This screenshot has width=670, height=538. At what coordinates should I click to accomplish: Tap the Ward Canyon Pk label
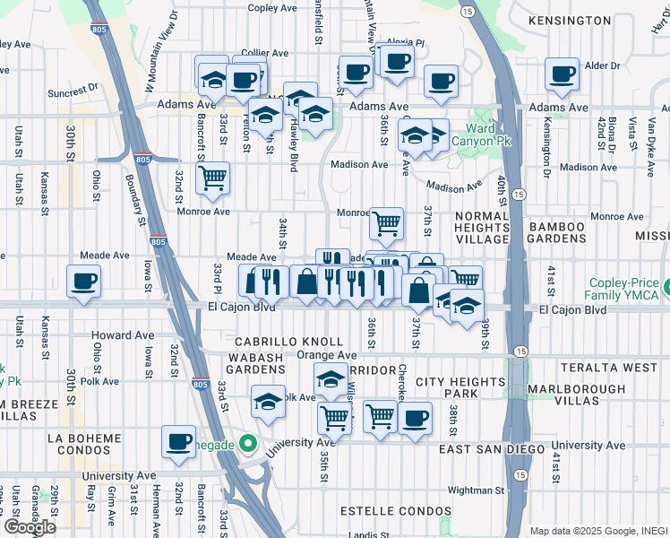[x=489, y=135]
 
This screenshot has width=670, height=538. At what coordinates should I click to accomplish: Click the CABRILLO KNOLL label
[x=288, y=342]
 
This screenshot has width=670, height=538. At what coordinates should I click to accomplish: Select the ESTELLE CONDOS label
[x=396, y=510]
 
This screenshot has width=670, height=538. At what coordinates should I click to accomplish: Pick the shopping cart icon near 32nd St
[x=212, y=178]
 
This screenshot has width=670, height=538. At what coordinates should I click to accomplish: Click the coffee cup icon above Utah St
[x=83, y=281]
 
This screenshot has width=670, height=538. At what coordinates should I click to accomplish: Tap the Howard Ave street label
[x=123, y=335]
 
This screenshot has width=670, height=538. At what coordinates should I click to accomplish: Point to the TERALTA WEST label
[x=609, y=369]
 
